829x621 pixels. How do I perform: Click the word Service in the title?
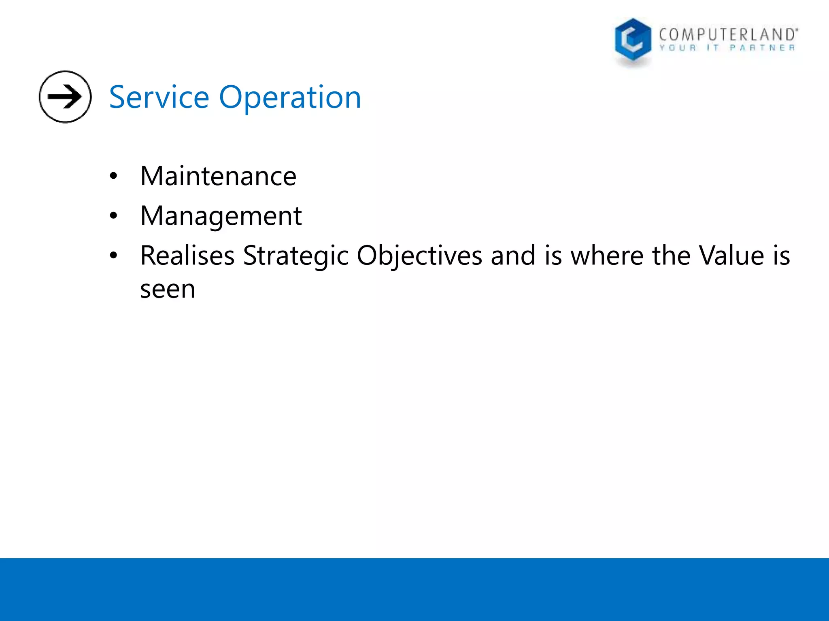click(159, 97)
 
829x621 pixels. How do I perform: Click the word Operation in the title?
click(290, 97)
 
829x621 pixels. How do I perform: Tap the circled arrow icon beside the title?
click(65, 97)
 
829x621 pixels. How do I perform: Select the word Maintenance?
click(218, 176)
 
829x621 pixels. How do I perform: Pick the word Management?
click(221, 216)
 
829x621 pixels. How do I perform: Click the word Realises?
click(187, 256)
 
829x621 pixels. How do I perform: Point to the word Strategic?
click(295, 256)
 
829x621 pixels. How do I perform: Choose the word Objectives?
click(419, 256)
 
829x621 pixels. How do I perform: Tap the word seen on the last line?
click(168, 289)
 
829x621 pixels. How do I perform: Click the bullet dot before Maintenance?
click(113, 177)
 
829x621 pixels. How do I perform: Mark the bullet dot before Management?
click(113, 216)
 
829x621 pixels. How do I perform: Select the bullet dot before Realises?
click(113, 256)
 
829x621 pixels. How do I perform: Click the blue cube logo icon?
click(633, 40)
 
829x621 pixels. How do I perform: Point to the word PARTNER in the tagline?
click(762, 48)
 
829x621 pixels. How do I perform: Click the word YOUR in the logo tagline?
click(677, 48)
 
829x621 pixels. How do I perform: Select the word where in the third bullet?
click(607, 256)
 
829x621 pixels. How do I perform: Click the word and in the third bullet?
click(513, 256)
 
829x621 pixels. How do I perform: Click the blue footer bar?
click(414, 589)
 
